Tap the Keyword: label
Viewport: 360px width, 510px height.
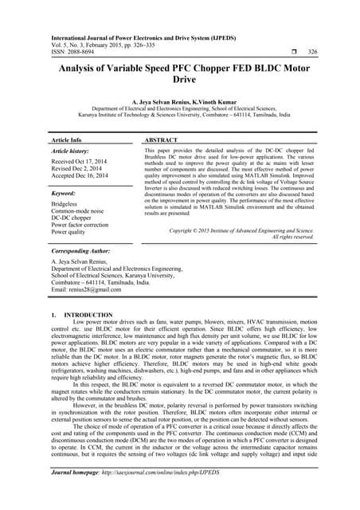[x=64, y=194]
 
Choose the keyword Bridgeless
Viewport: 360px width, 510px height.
[x=67, y=204]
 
